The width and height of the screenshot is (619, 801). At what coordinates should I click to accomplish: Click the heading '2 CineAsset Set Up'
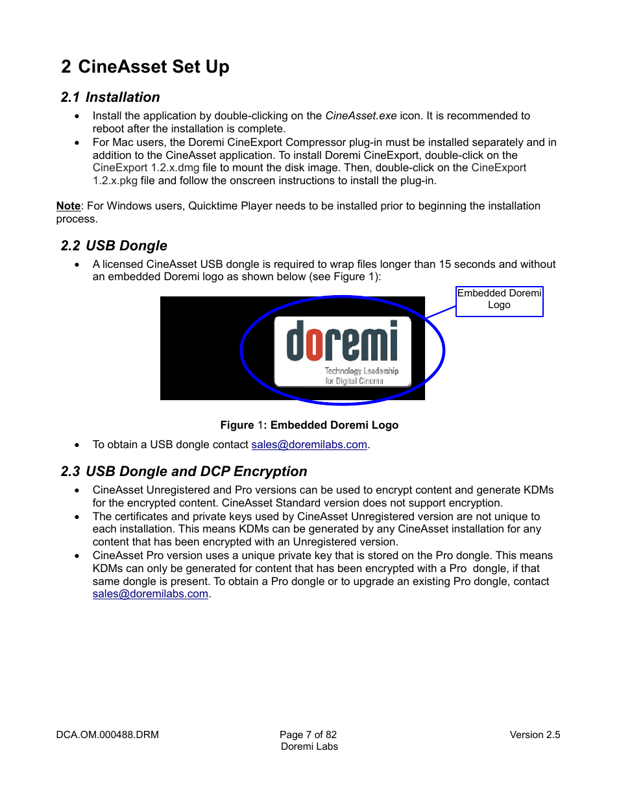(x=145, y=67)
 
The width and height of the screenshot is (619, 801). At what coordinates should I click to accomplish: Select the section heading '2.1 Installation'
(x=110, y=97)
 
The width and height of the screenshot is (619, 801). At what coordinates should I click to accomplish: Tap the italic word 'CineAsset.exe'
(x=361, y=116)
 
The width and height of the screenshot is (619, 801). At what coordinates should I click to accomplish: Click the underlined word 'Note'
(x=68, y=206)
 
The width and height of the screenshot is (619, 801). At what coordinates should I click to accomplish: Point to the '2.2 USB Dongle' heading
(x=114, y=246)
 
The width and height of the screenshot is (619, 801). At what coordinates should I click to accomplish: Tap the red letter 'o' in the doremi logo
(x=315, y=343)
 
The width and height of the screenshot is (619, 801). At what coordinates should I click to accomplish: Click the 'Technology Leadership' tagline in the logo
(x=361, y=371)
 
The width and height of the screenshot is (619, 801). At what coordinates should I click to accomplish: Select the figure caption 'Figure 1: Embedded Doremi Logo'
(x=309, y=425)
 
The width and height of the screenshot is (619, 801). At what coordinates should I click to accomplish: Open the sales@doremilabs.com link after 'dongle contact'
(x=309, y=445)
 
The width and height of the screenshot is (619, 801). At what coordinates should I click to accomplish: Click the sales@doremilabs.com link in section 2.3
(x=150, y=594)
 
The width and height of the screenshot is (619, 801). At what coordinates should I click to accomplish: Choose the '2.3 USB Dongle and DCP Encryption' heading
(x=184, y=472)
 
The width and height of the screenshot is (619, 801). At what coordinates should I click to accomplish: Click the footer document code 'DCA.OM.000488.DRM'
(x=107, y=735)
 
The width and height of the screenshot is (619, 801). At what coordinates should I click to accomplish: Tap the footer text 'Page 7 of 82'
(x=308, y=735)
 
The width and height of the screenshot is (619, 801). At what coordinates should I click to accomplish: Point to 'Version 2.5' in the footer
(x=535, y=735)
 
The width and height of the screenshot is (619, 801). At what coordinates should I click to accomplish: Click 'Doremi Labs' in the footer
(x=309, y=747)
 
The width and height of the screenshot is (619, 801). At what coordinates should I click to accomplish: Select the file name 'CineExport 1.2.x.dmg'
(x=146, y=168)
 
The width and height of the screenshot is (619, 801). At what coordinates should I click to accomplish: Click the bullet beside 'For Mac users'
(x=77, y=143)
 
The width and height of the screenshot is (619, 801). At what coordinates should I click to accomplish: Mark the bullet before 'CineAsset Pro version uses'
(x=77, y=556)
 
